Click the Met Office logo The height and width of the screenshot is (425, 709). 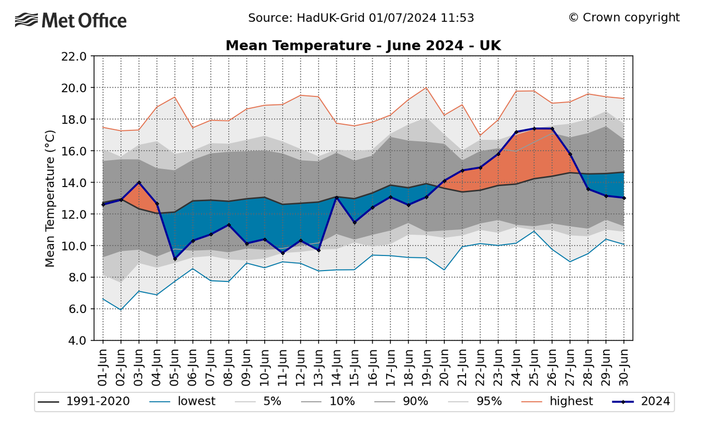coord(71,20)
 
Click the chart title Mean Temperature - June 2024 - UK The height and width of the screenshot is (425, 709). coord(363,46)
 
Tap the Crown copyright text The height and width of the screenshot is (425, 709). coord(623,18)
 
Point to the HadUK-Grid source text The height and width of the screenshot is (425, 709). coord(361,18)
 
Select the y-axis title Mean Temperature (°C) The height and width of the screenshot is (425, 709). coord(50,199)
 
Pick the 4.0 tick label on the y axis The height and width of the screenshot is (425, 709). coord(77,341)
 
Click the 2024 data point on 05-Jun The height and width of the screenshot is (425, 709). coord(175,259)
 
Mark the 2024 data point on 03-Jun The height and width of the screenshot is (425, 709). coord(139,182)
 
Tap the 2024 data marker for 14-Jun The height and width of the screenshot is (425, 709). coord(336,197)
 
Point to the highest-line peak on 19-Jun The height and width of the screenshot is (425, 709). coord(426,88)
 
